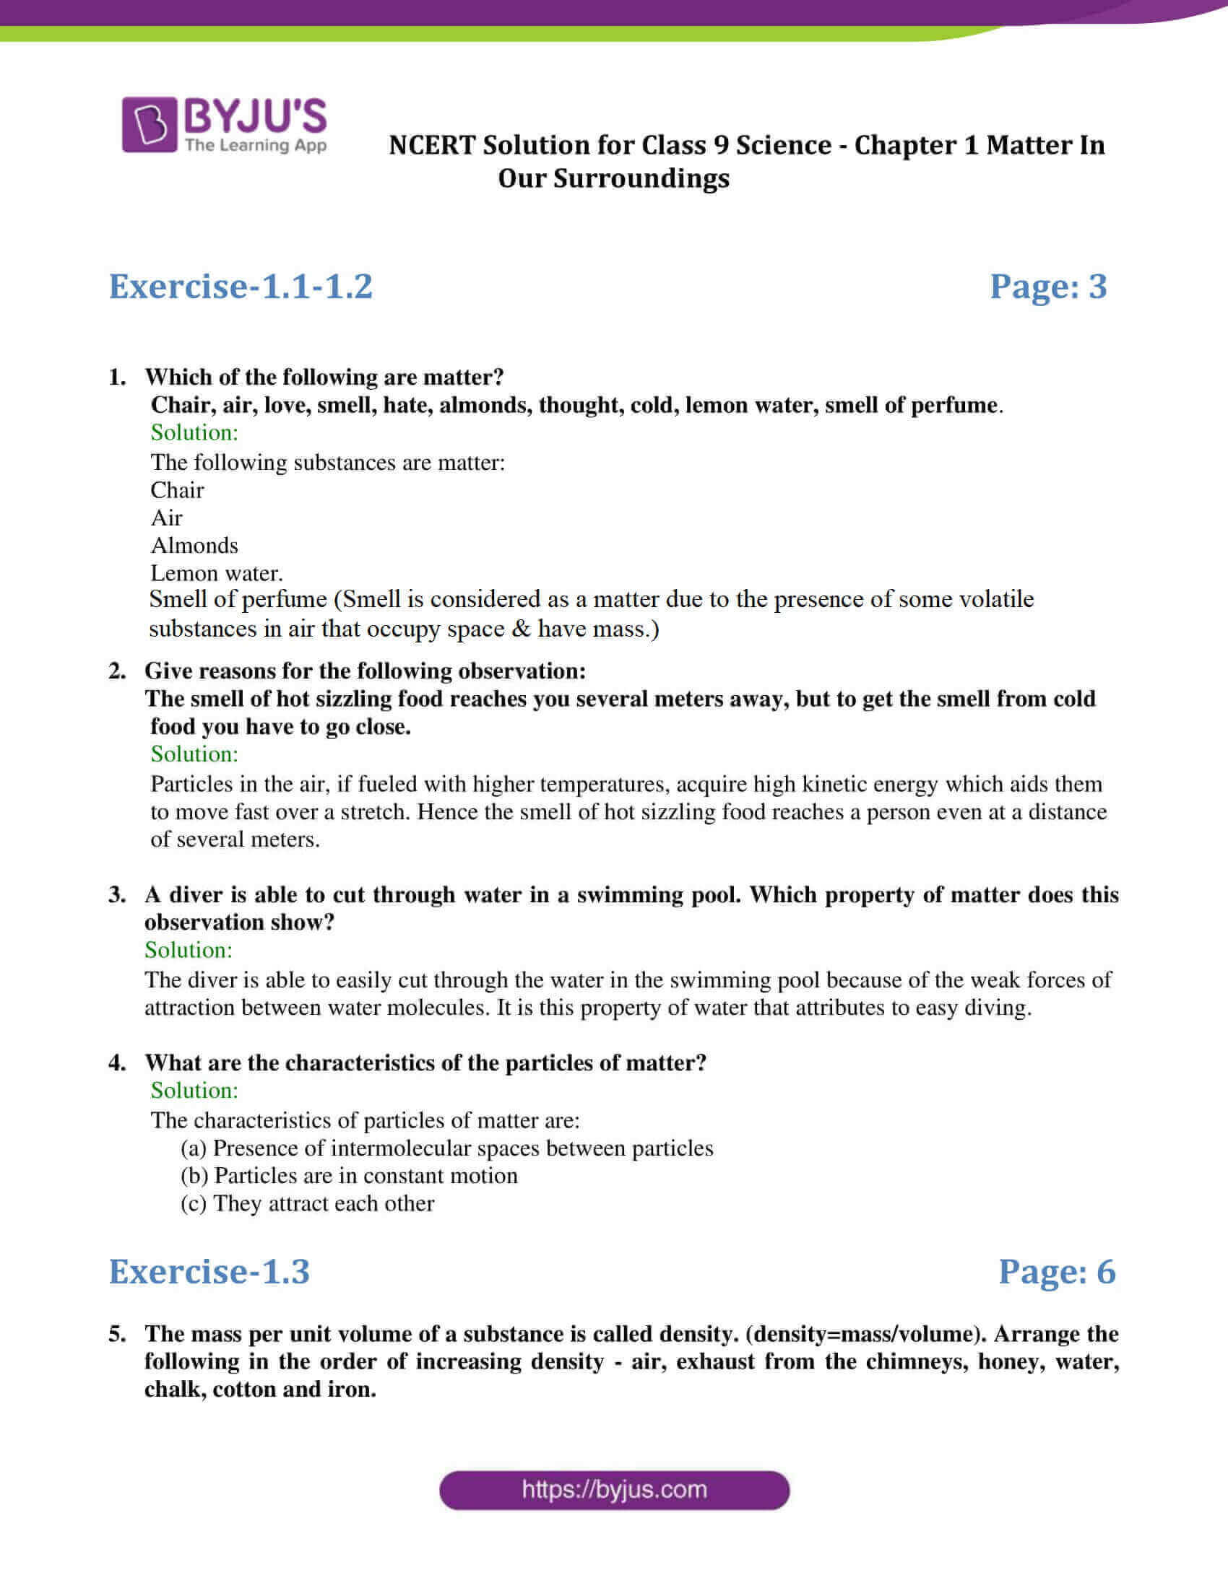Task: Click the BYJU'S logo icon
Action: [149, 124]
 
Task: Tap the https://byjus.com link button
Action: [614, 1490]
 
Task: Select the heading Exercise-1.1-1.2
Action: [241, 286]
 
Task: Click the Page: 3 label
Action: [1047, 286]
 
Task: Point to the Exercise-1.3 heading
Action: [209, 1271]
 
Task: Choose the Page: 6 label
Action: [1056, 1271]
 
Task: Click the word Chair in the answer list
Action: [177, 490]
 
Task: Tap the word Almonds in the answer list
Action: [194, 545]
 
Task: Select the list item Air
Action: [166, 518]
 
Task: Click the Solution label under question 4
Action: [194, 1090]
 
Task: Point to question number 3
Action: [117, 894]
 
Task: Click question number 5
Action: [117, 1333]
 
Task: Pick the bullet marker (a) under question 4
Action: [194, 1148]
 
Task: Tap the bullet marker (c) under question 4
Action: [194, 1203]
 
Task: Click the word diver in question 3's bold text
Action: [197, 894]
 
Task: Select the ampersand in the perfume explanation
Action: [521, 628]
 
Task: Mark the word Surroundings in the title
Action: [641, 178]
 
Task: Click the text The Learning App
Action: [255, 145]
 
